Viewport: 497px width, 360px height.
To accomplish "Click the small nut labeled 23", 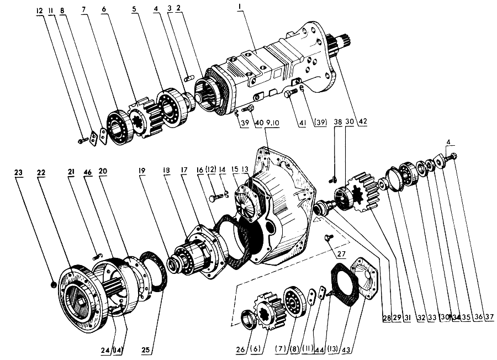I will click(x=51, y=284).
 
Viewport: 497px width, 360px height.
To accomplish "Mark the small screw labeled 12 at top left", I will click(x=83, y=141).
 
